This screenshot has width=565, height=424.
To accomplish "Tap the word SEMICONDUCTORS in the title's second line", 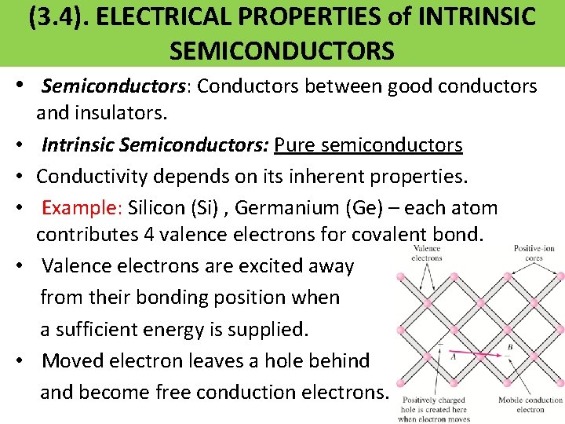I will (282, 51).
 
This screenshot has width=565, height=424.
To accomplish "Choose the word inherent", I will (294, 177).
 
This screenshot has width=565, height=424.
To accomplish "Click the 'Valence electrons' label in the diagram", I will (426, 253).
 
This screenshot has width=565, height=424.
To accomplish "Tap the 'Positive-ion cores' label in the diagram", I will (534, 253).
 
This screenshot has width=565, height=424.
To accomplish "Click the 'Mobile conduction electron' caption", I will (531, 404).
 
